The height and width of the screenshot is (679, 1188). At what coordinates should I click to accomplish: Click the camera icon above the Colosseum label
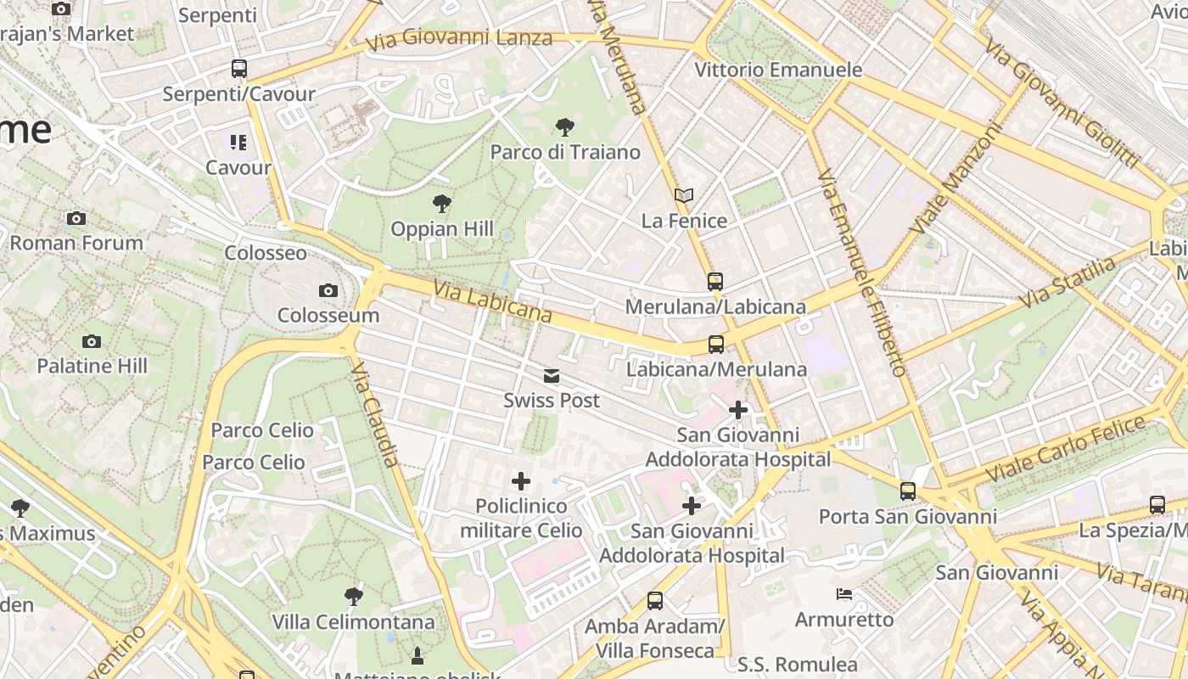click(328, 291)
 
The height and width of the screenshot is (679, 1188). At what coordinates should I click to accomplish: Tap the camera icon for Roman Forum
click(76, 219)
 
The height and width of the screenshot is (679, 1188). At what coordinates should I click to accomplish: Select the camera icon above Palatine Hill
click(92, 342)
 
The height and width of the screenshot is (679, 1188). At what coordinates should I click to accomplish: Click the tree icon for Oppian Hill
click(441, 204)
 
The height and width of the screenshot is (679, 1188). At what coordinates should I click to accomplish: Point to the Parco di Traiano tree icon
click(564, 128)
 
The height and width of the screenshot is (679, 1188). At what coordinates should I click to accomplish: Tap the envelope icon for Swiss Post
click(552, 376)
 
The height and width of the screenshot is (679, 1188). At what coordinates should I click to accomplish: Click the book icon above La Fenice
click(684, 196)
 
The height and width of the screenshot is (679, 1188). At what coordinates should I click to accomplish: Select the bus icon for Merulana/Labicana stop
click(715, 282)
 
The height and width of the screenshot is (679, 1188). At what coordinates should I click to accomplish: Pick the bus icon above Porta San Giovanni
click(908, 491)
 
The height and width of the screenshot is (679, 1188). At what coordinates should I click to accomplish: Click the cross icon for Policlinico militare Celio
click(521, 482)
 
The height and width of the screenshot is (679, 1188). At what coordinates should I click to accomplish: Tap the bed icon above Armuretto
click(844, 594)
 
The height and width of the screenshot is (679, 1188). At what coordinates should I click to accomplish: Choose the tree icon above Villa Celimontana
click(354, 597)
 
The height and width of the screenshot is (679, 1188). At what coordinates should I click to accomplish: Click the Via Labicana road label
click(492, 303)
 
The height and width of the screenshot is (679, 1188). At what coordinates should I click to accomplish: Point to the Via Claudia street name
click(374, 414)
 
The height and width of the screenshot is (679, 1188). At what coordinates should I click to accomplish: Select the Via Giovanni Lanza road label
click(459, 38)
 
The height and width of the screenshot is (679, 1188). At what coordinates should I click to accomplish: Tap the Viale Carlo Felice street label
click(1066, 451)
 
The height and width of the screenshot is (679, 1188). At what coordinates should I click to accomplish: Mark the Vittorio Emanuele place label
click(778, 70)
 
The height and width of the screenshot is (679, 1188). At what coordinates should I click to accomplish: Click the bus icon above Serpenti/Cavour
click(239, 69)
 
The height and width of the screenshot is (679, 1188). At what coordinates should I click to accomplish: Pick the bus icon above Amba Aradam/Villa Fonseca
click(655, 601)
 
